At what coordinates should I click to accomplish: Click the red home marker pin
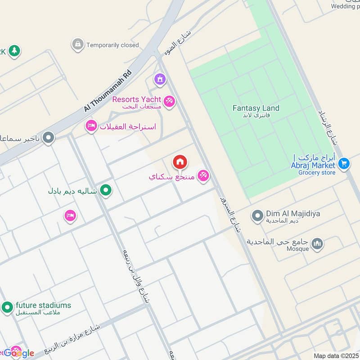[180, 162]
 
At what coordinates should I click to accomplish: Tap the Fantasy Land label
[256, 108]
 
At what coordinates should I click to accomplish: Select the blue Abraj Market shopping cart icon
[344, 163]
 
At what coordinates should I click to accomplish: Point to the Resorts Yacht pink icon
[169, 101]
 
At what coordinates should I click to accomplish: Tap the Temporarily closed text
[112, 45]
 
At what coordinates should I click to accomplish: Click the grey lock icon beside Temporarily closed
[77, 44]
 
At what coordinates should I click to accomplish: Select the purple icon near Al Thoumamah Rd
[159, 80]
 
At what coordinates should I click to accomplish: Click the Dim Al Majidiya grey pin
[257, 216]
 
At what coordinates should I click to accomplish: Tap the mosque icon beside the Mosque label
[317, 244]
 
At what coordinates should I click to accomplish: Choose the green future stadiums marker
[7, 308]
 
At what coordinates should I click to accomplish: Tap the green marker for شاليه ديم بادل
[106, 191]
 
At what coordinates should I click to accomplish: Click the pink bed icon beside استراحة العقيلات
[91, 126]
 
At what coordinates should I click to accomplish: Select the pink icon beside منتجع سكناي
[203, 176]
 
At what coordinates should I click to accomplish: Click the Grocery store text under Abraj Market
[316, 172]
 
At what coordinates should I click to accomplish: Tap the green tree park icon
[14, 51]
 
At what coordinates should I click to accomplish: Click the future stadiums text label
[43, 305]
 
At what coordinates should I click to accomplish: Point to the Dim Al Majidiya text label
[293, 214]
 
